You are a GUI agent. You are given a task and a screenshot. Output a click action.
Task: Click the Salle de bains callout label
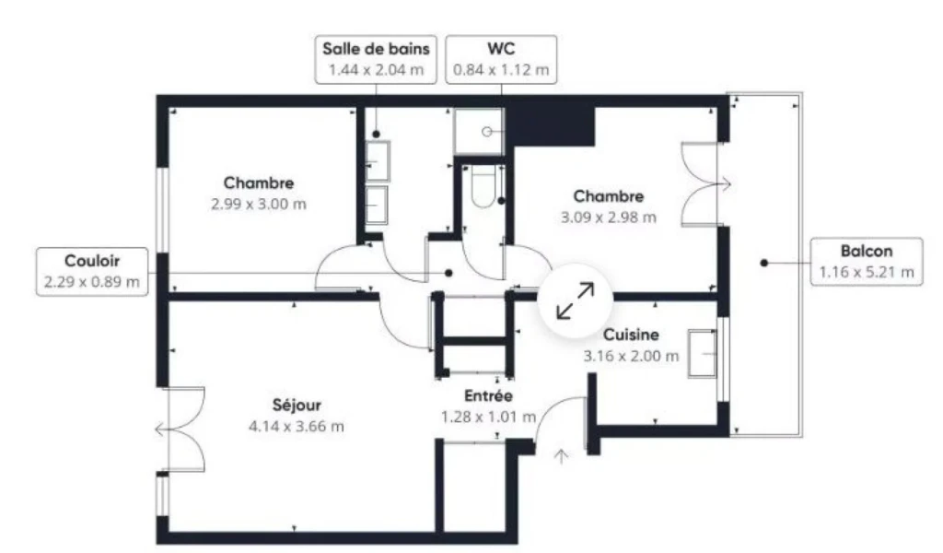pyautogui.click(x=376, y=60)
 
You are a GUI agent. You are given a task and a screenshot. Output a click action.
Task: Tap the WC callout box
pyautogui.click(x=501, y=60)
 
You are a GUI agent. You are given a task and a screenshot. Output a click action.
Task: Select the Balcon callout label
pyautogui.click(x=867, y=262)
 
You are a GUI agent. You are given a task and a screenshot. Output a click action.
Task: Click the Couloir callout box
pyautogui.click(x=92, y=271)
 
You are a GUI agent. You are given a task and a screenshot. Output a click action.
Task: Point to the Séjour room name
pyautogui.click(x=297, y=405)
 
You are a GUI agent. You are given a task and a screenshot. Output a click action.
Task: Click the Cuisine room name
pyautogui.click(x=631, y=335)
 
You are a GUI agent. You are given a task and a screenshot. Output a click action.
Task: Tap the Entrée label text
pyautogui.click(x=488, y=396)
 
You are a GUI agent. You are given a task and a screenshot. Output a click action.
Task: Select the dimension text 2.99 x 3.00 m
pyautogui.click(x=259, y=204)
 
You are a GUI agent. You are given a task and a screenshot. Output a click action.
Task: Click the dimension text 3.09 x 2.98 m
pyautogui.click(x=609, y=218)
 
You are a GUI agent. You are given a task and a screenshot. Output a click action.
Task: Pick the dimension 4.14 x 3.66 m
pyautogui.click(x=297, y=427)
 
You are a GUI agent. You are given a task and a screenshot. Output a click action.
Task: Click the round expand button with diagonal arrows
pyautogui.click(x=575, y=300)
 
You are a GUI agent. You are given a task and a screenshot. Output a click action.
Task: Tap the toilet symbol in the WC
pyautogui.click(x=483, y=186)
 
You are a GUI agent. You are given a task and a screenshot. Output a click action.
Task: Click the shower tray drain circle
pyautogui.click(x=487, y=131)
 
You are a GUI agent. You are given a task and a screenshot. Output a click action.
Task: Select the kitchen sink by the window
pyautogui.click(x=703, y=353)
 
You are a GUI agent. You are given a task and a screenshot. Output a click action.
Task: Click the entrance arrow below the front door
pyautogui.click(x=561, y=457)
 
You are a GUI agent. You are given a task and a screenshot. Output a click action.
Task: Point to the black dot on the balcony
pyautogui.click(x=763, y=263)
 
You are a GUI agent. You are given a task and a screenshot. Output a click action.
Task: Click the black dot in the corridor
pyautogui.click(x=448, y=273)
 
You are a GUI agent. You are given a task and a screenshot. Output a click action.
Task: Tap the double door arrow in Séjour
pyautogui.click(x=162, y=429)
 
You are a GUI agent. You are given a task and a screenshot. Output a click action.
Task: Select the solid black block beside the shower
pyautogui.click(x=551, y=127)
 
